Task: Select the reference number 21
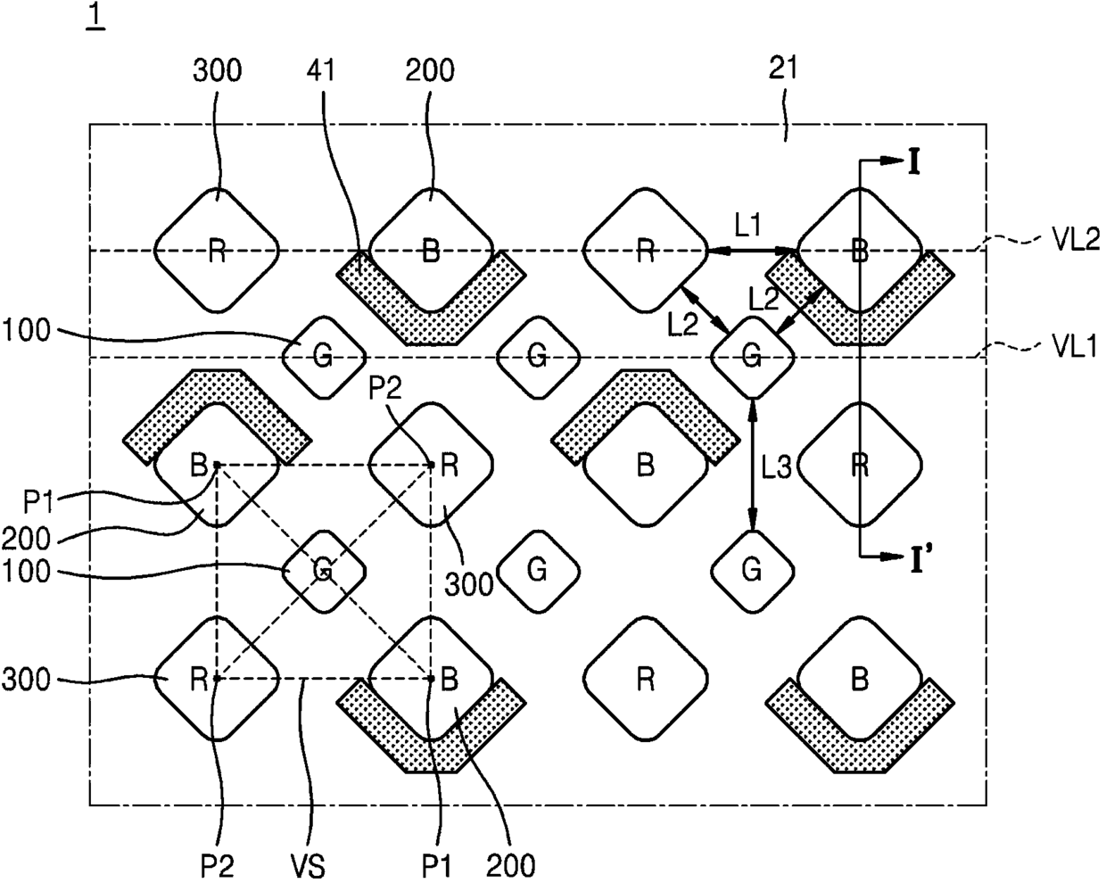tap(783, 68)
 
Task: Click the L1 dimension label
tap(747, 225)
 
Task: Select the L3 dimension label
tap(776, 468)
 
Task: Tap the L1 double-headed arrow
tap(751, 252)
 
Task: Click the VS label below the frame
tap(309, 867)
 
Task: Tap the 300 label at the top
tap(217, 70)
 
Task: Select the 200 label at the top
tap(430, 70)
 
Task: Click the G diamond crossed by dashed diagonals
tap(324, 572)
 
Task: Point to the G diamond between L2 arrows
tap(753, 357)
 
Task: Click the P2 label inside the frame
tap(385, 389)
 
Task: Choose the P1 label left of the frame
tap(38, 502)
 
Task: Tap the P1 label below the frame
tap(437, 867)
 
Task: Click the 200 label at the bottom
tap(510, 867)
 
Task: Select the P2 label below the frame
tap(217, 867)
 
